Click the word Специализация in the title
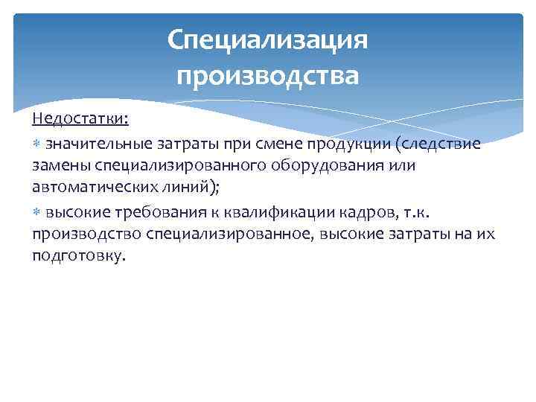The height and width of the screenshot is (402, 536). pyautogui.click(x=268, y=39)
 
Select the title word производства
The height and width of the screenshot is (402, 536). pyautogui.click(x=268, y=75)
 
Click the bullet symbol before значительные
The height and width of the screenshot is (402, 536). pyautogui.click(x=37, y=144)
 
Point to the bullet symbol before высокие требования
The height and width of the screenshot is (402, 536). pyautogui.click(x=37, y=213)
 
